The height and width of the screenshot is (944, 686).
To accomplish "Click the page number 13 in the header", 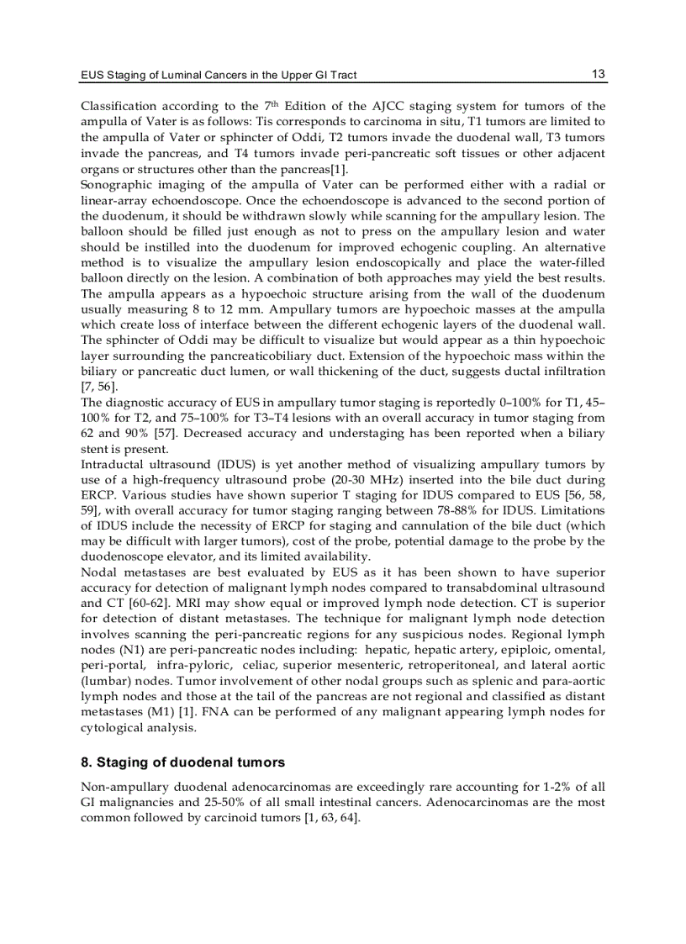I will tap(598, 74).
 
